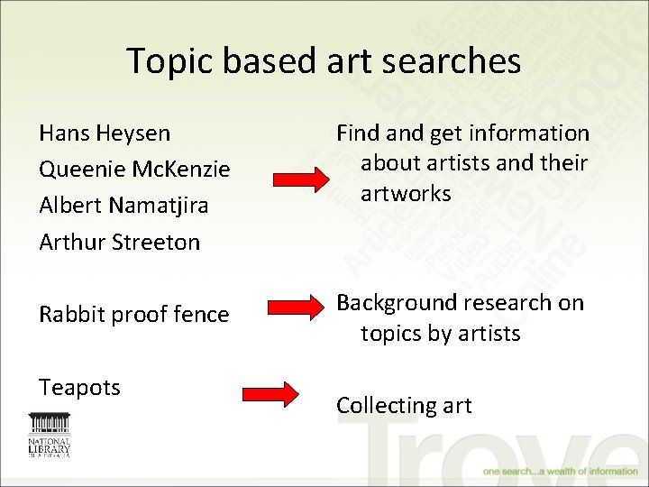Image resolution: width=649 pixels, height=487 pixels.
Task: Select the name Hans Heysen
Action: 105,133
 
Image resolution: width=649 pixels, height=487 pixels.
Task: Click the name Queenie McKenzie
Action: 135,170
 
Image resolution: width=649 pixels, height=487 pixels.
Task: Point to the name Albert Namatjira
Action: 123,206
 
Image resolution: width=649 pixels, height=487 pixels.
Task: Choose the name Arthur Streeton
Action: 120,242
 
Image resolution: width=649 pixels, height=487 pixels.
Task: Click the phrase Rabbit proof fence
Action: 134,315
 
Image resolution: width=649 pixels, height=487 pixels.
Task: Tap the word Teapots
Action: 79,388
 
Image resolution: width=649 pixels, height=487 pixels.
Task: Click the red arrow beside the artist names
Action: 301,180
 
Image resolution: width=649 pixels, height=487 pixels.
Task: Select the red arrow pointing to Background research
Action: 301,314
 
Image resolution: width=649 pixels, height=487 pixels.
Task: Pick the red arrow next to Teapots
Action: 270,394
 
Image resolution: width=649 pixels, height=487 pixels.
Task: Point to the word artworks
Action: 406,194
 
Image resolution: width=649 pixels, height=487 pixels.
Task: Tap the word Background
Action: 397,303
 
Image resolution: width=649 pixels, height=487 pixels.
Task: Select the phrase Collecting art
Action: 404,406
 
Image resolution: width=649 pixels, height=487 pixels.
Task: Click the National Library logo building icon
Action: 49,424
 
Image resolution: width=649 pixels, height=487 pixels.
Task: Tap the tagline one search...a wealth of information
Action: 560,471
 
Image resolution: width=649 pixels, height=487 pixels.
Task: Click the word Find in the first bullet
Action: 358,133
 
